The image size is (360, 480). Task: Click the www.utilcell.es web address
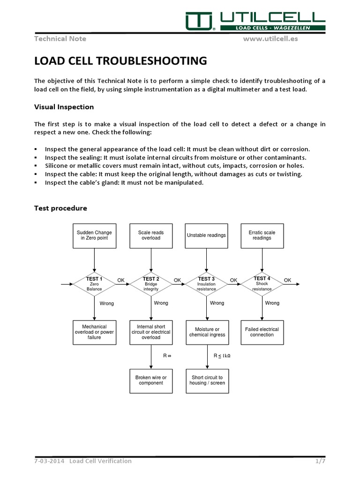point(270,38)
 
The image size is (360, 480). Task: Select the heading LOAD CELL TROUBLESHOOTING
point(120,61)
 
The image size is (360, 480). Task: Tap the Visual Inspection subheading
point(64,107)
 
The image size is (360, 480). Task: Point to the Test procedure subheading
point(60,208)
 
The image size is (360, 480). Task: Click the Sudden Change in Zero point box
point(94,235)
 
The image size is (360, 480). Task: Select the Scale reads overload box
point(151,235)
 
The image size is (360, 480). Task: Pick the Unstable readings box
point(206,235)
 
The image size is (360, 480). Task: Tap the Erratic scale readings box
point(262,235)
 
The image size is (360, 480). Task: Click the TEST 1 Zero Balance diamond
point(94,284)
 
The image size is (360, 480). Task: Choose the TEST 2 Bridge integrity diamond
point(151,284)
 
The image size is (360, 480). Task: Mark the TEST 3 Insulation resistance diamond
point(206,284)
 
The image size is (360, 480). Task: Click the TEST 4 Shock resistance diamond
point(262,284)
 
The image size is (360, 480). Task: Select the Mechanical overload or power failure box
point(94,332)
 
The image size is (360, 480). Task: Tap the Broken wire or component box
point(151,380)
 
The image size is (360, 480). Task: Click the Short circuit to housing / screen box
point(207,380)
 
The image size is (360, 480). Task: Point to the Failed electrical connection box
point(262,332)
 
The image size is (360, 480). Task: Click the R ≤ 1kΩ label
point(222,356)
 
